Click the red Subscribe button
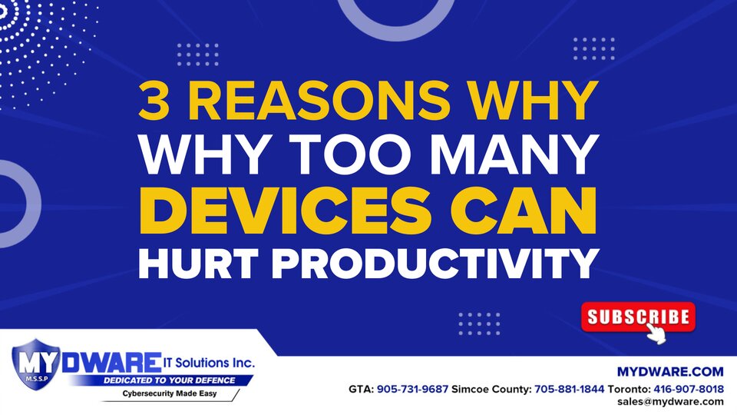click(638, 317)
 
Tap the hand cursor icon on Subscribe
click(656, 333)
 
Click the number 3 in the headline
click(154, 101)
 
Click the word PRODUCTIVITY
click(435, 264)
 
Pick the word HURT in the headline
click(199, 264)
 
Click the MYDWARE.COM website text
click(670, 372)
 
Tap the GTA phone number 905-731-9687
click(413, 390)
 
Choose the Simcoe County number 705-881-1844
click(569, 390)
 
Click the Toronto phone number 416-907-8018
click(689, 390)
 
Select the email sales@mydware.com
click(670, 402)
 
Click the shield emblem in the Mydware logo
click(36, 364)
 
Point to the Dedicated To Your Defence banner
click(169, 380)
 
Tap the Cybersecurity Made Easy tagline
click(170, 393)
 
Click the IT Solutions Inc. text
click(209, 363)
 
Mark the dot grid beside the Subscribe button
click(479, 324)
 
